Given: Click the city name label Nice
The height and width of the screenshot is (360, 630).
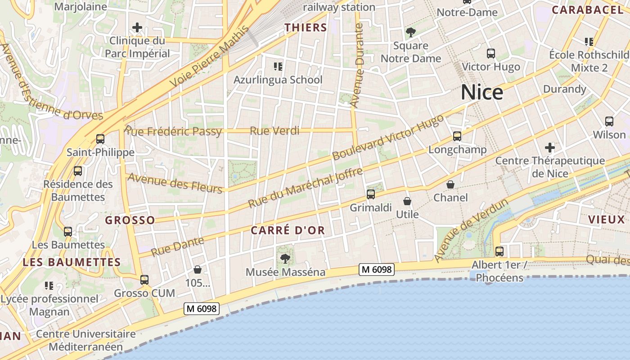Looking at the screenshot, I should click(482, 92).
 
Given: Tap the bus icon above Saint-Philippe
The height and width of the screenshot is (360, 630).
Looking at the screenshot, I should click(100, 139).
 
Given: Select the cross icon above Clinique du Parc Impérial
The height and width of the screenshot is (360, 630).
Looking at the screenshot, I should click(137, 28).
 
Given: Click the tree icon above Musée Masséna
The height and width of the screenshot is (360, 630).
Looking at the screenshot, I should click(285, 258).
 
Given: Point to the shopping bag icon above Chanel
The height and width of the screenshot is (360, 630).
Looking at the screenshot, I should click(450, 184).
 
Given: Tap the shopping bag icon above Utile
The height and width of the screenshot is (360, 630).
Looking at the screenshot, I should click(407, 201).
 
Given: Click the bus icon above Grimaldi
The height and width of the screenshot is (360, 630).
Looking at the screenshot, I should click(371, 194).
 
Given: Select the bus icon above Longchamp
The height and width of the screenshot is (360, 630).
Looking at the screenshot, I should click(457, 136).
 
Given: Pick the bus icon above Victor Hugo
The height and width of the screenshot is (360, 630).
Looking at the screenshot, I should click(491, 54).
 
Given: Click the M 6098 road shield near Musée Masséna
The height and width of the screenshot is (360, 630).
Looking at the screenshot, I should click(377, 270).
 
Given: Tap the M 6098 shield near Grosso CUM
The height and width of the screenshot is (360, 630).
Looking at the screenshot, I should click(202, 309).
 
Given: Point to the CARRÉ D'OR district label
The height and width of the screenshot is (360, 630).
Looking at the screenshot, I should click(288, 230).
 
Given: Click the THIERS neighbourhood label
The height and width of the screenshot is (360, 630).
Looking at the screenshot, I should click(306, 27).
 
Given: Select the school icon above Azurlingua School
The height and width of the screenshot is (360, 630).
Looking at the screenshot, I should click(278, 67).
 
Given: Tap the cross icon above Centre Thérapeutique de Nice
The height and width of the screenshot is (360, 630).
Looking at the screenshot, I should click(549, 147).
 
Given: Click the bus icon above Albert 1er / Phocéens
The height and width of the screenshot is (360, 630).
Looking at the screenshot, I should click(499, 252).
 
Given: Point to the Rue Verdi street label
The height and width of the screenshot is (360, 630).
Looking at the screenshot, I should click(274, 131).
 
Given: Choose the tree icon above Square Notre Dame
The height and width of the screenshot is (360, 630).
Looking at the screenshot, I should click(410, 32).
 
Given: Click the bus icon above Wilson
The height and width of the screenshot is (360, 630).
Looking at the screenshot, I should click(609, 121).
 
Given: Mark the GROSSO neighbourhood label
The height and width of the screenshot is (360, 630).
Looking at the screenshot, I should click(130, 220).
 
